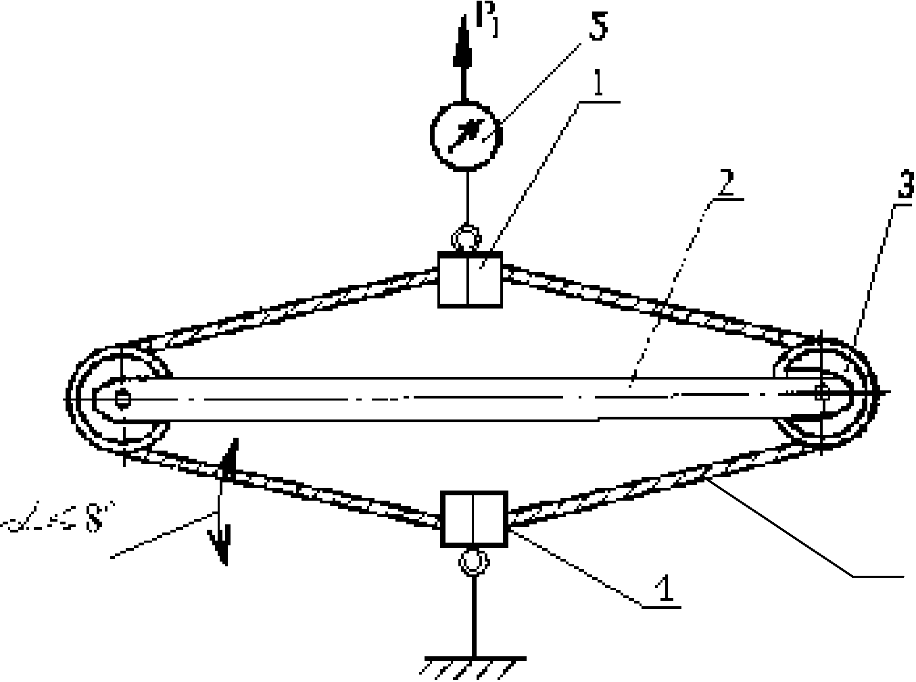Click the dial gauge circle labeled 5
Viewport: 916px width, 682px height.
coord(466,133)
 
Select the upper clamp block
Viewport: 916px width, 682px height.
coord(470,278)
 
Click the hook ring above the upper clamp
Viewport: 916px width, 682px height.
coord(466,239)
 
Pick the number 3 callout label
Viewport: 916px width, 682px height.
coord(905,186)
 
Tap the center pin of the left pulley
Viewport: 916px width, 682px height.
coord(122,398)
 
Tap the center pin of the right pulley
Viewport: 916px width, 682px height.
coord(822,391)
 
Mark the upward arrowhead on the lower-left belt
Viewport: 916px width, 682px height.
coord(228,456)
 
